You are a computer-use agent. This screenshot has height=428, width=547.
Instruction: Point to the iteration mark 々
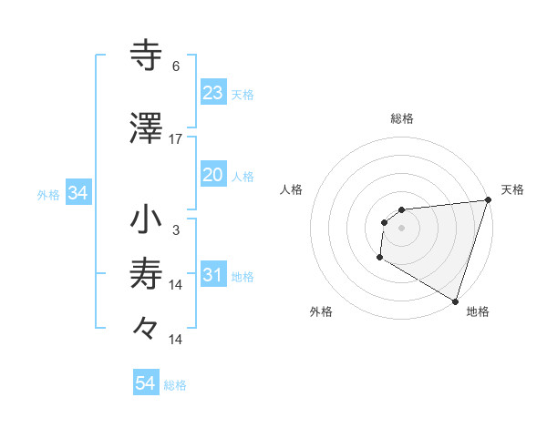pyautogui.click(x=146, y=327)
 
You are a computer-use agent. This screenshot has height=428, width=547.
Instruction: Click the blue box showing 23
pyautogui.click(x=213, y=93)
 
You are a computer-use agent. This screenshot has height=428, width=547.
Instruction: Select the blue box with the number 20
pyautogui.click(x=213, y=175)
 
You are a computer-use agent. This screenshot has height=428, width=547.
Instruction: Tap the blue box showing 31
pyautogui.click(x=213, y=275)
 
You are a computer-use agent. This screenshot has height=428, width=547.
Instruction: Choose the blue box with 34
pyautogui.click(x=78, y=193)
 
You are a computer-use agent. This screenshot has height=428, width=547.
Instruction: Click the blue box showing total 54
pyautogui.click(x=146, y=384)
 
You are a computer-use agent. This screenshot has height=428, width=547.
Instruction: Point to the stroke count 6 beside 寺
pyautogui.click(x=176, y=66)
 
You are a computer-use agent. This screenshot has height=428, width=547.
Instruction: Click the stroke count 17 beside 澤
pyautogui.click(x=176, y=139)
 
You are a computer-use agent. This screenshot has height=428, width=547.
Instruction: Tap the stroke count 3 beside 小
pyautogui.click(x=176, y=230)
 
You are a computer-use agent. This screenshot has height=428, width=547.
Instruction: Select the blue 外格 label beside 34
pyautogui.click(x=48, y=194)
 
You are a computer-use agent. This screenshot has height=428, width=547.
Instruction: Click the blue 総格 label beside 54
pyautogui.click(x=175, y=385)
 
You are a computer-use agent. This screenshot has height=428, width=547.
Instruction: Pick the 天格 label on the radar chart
pyautogui.click(x=512, y=189)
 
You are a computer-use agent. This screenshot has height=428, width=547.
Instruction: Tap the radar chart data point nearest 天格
pyautogui.click(x=487, y=200)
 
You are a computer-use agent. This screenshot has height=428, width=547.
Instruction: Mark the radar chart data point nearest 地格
pyautogui.click(x=455, y=301)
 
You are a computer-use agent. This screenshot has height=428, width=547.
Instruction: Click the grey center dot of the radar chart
pyautogui.click(x=401, y=228)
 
